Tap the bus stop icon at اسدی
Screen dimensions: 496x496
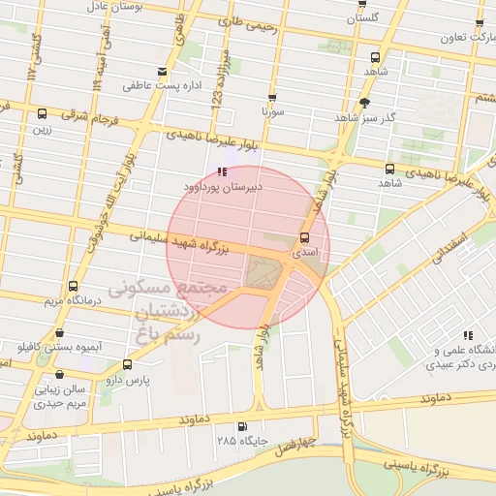[x=304, y=237]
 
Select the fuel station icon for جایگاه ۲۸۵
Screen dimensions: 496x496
[x=240, y=426]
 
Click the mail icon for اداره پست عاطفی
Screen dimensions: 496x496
[x=162, y=72]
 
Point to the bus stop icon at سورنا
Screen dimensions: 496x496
[x=271, y=98]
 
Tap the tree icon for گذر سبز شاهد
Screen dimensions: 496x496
[x=364, y=102]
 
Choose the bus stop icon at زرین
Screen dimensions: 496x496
[x=42, y=113]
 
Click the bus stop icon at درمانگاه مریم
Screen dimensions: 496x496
[x=73, y=286]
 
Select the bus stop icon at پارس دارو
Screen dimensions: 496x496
[x=127, y=364]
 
